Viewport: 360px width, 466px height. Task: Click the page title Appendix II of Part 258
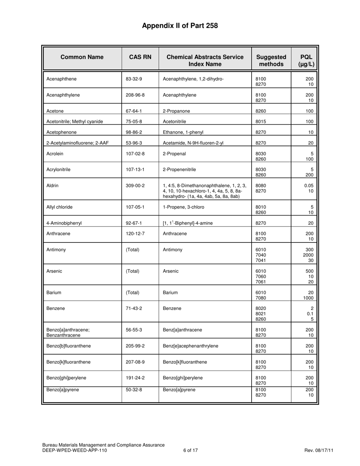[x=180, y=26]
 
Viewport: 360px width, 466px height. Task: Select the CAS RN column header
[x=140, y=57]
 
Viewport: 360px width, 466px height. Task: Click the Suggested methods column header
[x=271, y=61]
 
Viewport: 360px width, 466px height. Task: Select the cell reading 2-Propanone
[x=176, y=111]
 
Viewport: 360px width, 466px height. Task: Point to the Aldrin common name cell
[x=52, y=186]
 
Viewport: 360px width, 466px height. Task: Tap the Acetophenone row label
[x=61, y=132]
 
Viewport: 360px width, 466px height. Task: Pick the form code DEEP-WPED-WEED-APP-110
[x=75, y=450]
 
